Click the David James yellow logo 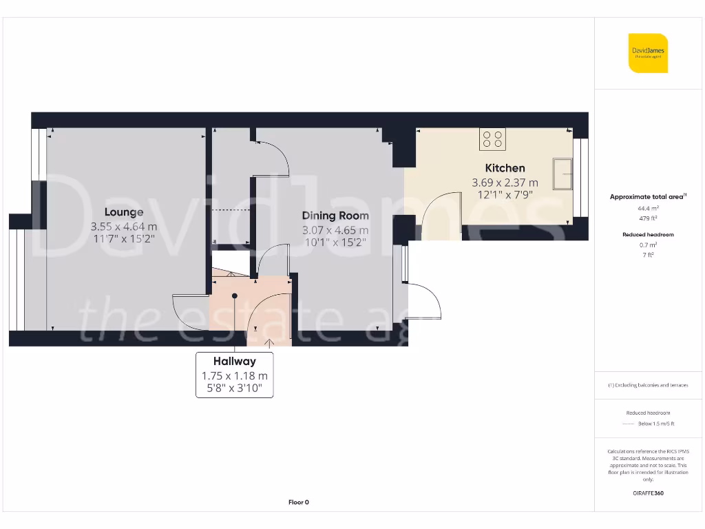[648, 53]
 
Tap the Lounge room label [124, 212]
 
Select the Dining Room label [335, 216]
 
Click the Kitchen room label [505, 168]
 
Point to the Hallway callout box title [234, 361]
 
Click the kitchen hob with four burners [492, 139]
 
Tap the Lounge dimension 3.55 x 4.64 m [124, 226]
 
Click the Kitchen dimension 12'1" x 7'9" [505, 195]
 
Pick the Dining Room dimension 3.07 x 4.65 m [335, 230]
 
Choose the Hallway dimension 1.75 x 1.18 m [234, 376]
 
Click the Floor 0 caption [298, 502]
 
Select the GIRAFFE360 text [649, 493]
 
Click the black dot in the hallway [235, 295]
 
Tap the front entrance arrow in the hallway [269, 340]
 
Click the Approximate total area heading [648, 197]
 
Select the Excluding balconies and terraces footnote [648, 385]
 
